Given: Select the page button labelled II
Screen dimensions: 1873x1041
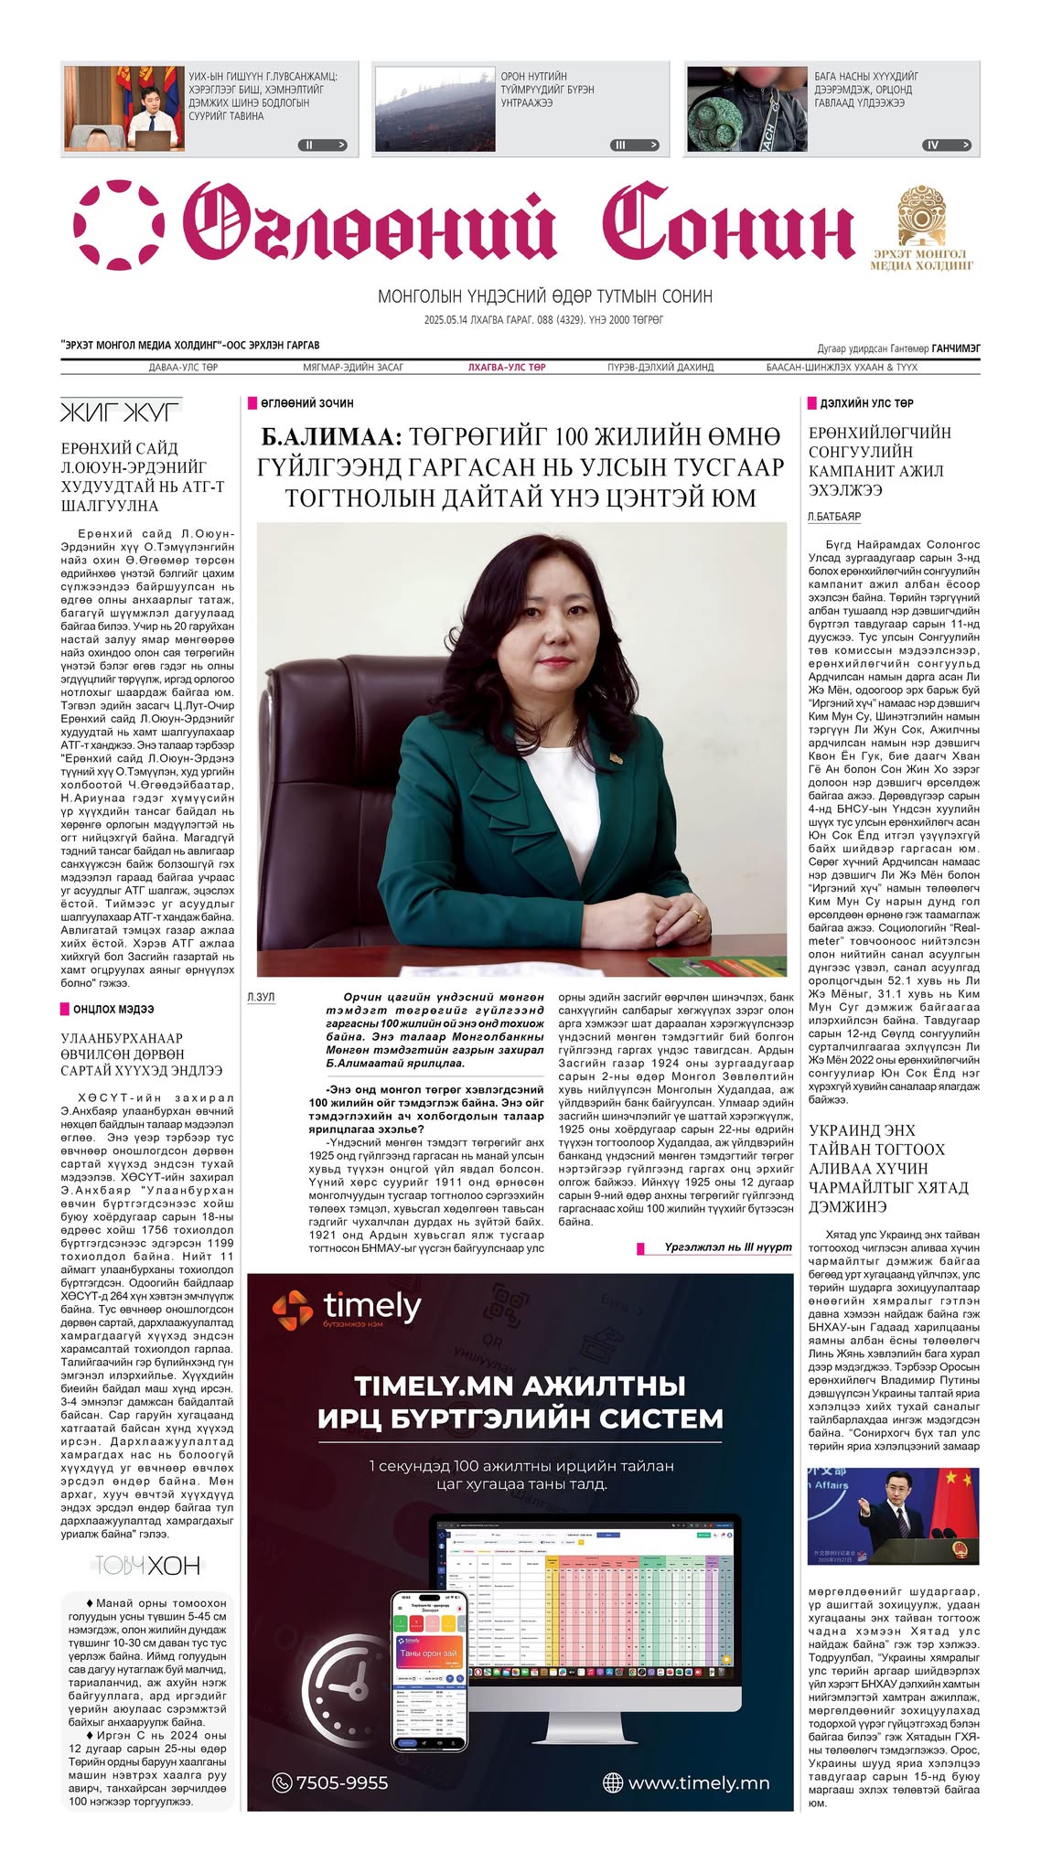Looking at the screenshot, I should click(x=323, y=144).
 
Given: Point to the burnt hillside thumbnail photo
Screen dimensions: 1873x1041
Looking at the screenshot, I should click(x=432, y=108).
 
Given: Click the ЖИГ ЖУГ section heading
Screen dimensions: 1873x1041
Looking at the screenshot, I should click(x=121, y=412).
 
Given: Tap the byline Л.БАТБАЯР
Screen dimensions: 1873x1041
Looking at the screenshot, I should click(x=834, y=517).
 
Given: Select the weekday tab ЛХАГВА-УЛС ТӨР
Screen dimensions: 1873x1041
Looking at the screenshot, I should click(x=507, y=367).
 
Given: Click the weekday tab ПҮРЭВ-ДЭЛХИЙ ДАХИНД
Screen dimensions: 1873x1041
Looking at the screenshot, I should click(x=660, y=367).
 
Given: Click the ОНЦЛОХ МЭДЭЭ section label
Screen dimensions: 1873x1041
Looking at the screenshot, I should click(x=113, y=1009).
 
